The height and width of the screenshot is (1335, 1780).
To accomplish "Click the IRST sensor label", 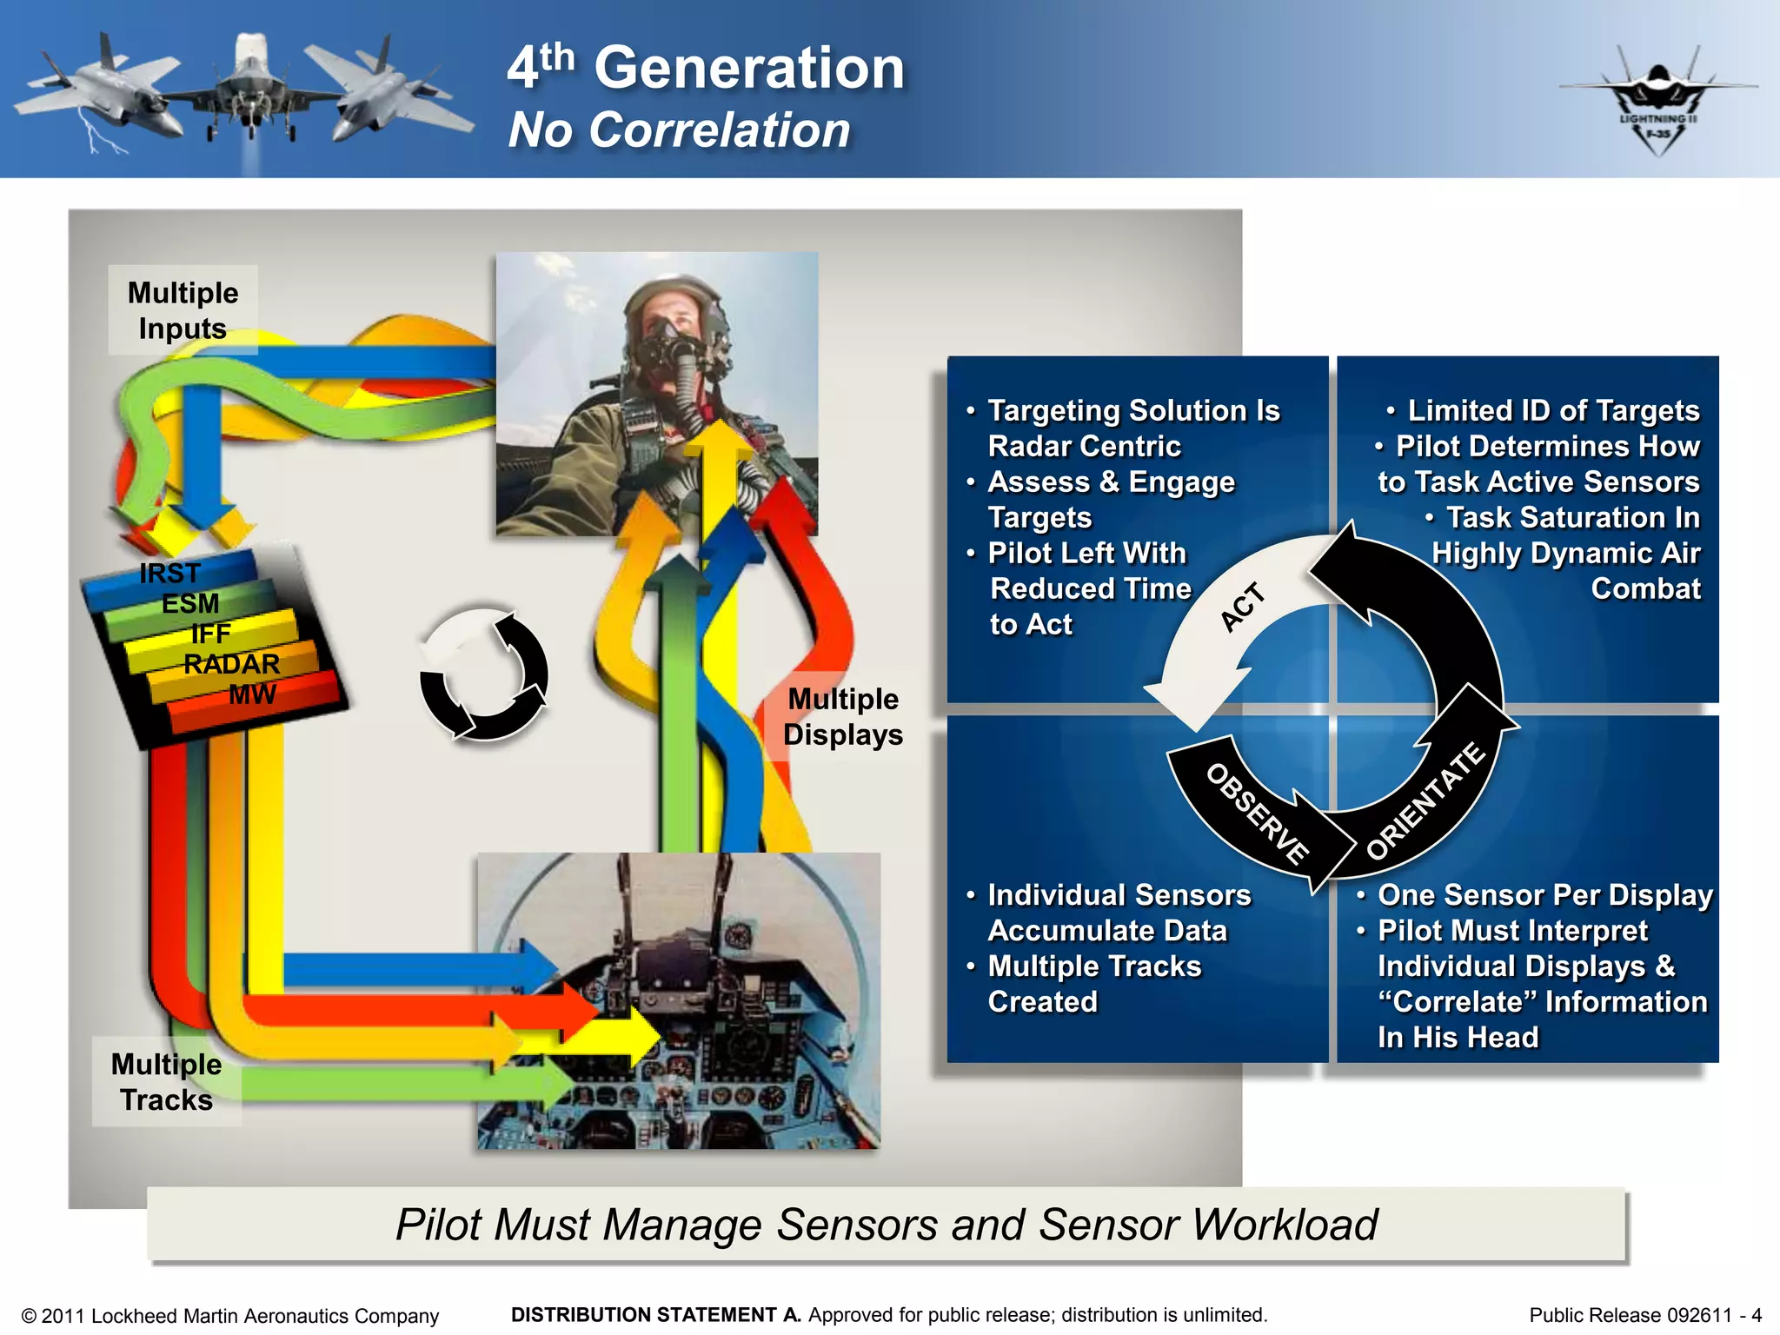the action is tap(170, 574).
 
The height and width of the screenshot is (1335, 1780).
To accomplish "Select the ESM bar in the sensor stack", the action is tap(190, 604).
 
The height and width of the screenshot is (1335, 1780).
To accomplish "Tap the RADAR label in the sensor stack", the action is tap(231, 665).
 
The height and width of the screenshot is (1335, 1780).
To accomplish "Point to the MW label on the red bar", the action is tap(252, 694).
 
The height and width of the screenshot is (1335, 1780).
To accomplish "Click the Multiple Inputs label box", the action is tap(183, 310).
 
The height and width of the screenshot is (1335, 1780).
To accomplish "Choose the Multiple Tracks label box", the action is tap(167, 1082).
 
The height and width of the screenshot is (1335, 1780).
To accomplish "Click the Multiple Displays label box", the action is tap(842, 717).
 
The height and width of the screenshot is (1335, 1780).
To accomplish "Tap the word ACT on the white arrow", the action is tap(1243, 607).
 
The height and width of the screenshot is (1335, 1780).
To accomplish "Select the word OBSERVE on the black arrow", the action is tap(1257, 814).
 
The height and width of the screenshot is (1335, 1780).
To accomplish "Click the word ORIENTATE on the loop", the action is tap(1425, 801).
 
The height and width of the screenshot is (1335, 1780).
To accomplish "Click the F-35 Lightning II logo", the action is tap(1657, 103).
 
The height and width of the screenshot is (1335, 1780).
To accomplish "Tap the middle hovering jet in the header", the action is tap(251, 87).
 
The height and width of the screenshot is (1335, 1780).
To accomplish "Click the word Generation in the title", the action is tap(749, 68).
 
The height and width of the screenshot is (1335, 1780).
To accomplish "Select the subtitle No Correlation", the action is tap(679, 130).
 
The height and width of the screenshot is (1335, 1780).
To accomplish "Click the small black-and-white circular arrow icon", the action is tap(483, 674).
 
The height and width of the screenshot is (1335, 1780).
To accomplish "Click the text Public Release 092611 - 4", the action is tap(1644, 1315).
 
